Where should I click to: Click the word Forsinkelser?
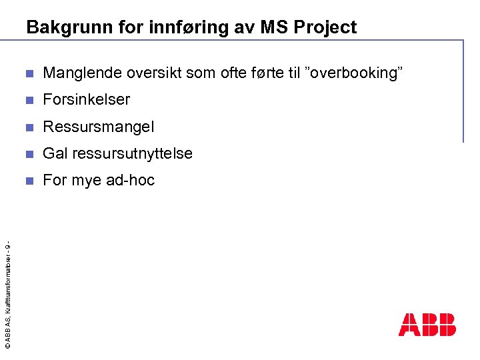click(x=87, y=100)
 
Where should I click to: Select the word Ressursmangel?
click(x=98, y=127)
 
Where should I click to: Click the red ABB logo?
click(x=427, y=325)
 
